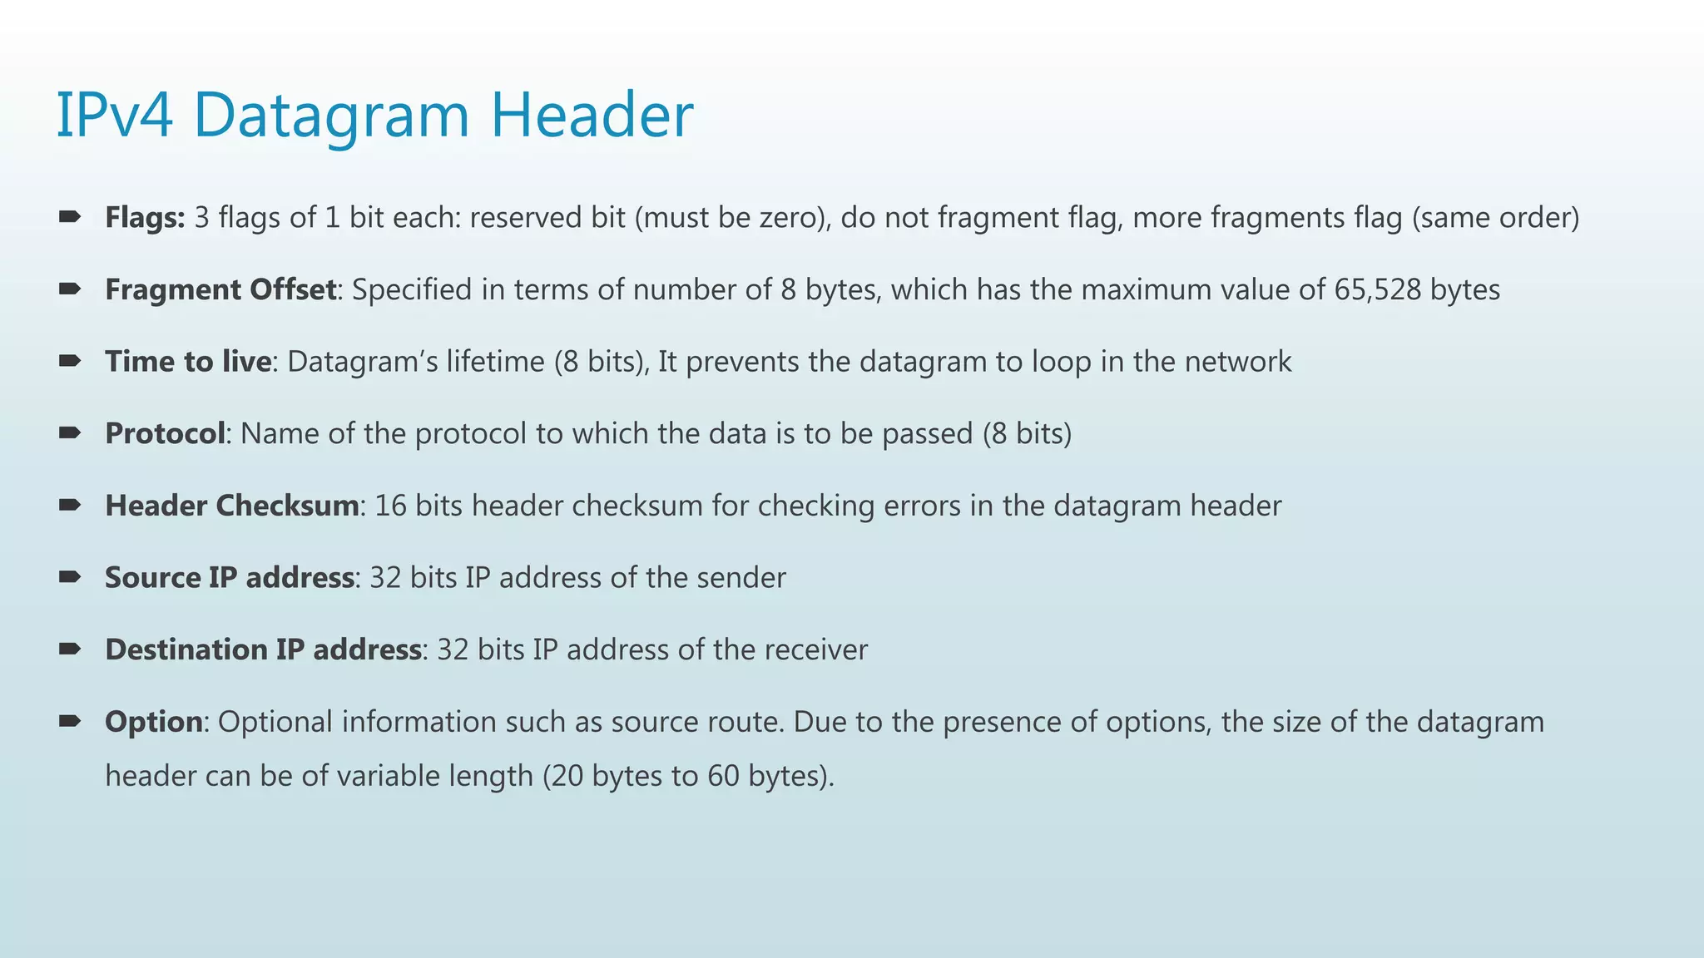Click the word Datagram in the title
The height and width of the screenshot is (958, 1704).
[331, 116]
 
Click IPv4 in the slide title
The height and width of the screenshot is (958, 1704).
[115, 116]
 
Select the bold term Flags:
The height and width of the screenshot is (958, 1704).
[145, 218]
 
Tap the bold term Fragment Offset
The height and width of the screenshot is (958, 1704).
[220, 289]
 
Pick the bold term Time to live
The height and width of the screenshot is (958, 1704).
[188, 362]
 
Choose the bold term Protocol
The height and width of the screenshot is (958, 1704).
[165, 433]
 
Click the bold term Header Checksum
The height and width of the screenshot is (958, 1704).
[232, 506]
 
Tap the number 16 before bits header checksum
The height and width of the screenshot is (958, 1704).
[390, 506]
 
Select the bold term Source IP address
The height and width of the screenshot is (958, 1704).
[230, 578]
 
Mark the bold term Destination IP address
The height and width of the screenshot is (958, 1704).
[263, 649]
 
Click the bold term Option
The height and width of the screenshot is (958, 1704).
[153, 722]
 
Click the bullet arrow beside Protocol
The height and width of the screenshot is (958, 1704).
[70, 432]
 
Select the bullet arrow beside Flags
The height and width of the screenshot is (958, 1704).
[70, 217]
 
